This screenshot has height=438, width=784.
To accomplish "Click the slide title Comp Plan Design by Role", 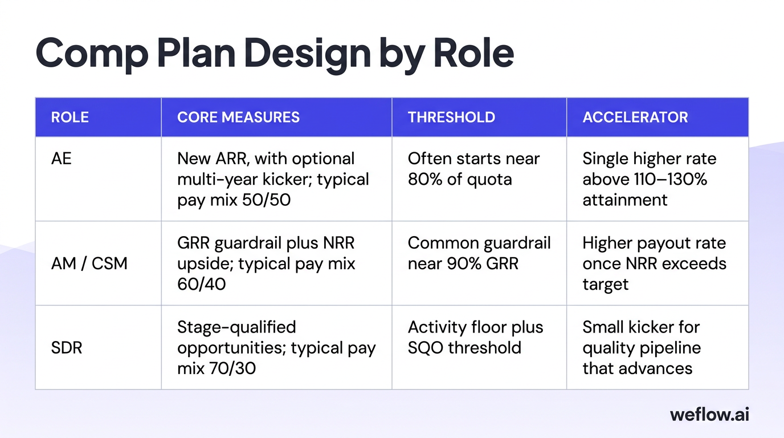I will point(275,52).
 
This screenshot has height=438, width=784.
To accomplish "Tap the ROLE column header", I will point(70,117).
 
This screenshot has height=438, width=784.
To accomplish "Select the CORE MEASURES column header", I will point(238,117).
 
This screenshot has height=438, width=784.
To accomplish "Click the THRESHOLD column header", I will point(451,117).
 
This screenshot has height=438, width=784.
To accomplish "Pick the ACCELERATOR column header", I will point(635,117).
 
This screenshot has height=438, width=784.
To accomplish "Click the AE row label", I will point(62,159).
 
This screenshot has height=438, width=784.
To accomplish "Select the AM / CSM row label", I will point(89,263).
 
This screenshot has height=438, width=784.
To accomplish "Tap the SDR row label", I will point(67,347).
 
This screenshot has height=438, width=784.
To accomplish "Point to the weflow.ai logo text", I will point(709,414).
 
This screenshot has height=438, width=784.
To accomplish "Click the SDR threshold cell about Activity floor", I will point(475,337).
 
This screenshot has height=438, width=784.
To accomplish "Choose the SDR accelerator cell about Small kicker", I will point(641,347).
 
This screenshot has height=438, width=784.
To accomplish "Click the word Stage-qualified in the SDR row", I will point(236,327).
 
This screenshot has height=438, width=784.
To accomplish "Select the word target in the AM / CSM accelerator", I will point(605,284).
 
